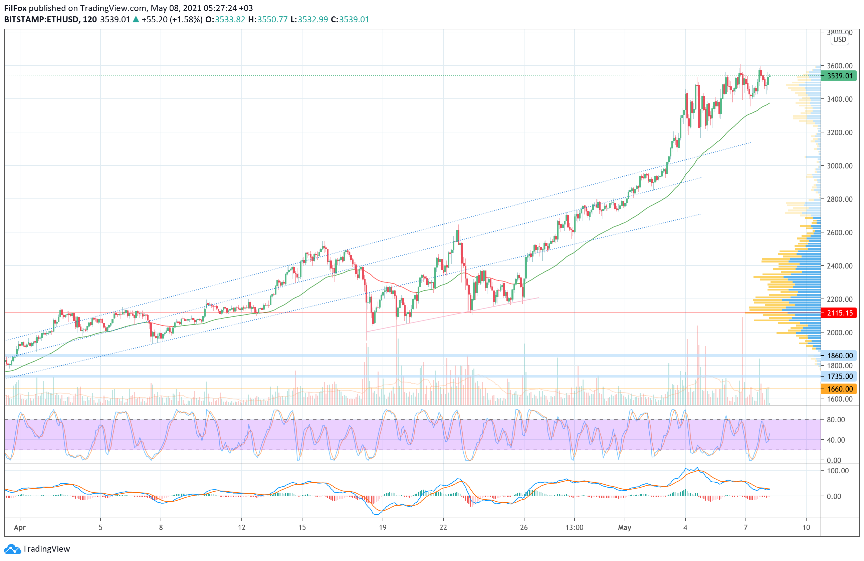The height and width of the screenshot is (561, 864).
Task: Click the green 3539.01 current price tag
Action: [x=839, y=76]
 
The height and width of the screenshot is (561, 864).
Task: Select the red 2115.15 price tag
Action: [x=839, y=313]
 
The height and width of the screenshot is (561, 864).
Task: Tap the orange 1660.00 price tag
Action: [x=839, y=389]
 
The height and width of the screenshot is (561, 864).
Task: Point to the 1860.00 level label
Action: [x=839, y=356]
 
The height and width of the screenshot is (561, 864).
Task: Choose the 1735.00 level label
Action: [x=839, y=377]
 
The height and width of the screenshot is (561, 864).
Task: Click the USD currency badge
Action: [x=839, y=40]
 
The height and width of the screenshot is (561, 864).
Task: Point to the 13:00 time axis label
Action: [x=574, y=528]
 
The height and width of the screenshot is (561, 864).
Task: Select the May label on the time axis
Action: [x=624, y=528]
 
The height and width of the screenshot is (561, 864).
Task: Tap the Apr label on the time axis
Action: [x=20, y=528]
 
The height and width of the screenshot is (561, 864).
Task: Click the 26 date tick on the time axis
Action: [x=523, y=528]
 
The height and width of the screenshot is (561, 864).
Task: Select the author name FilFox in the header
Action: [x=15, y=8]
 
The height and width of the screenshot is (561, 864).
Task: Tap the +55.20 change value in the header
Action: [x=155, y=20]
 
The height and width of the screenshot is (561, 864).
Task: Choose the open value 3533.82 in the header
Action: [x=230, y=20]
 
